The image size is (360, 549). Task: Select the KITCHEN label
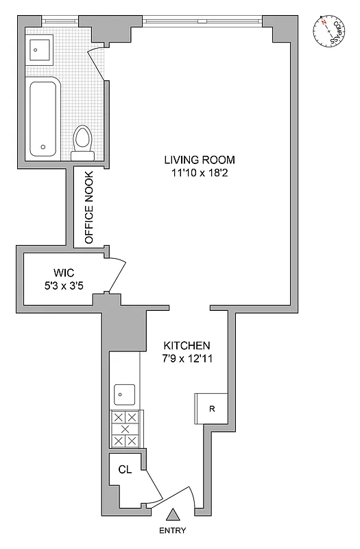click(187, 346)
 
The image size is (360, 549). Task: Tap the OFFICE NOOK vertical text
click(88, 208)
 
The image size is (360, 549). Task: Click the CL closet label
click(124, 470)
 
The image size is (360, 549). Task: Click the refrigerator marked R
click(211, 410)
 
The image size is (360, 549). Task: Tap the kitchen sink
click(125, 395)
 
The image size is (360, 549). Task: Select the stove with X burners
click(125, 429)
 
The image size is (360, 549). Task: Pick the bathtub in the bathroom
click(45, 116)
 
